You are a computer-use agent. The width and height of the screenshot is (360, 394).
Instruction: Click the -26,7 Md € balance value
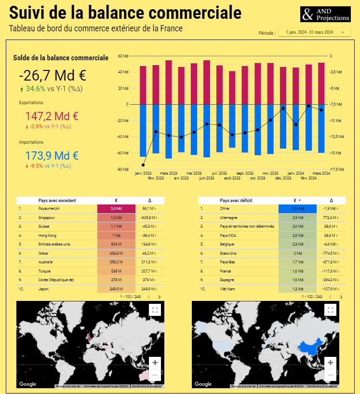click(x=53, y=76)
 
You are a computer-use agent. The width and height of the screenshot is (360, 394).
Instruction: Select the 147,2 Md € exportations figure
click(x=52, y=116)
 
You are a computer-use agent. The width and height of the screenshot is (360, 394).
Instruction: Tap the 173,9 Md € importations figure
click(x=52, y=156)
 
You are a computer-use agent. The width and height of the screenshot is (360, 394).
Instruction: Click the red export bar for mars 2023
click(x=169, y=82)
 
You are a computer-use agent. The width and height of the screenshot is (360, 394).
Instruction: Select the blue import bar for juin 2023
click(x=207, y=130)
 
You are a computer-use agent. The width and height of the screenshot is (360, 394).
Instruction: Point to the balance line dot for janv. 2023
click(x=143, y=165)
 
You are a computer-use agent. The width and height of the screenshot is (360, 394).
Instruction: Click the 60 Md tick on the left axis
click(x=123, y=56)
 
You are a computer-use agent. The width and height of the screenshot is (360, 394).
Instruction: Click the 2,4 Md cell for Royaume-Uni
click(x=116, y=208)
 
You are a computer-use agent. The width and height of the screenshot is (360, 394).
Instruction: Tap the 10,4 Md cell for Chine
click(x=297, y=208)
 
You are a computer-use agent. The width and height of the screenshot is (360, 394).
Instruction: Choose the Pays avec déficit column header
click(x=236, y=200)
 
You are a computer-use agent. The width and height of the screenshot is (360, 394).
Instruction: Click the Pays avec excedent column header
click(x=57, y=200)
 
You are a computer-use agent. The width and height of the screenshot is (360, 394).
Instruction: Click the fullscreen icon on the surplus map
click(x=155, y=310)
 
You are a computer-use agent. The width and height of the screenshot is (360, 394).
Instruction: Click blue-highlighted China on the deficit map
click(x=314, y=345)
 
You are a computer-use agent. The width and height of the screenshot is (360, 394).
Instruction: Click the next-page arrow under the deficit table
click(x=341, y=297)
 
